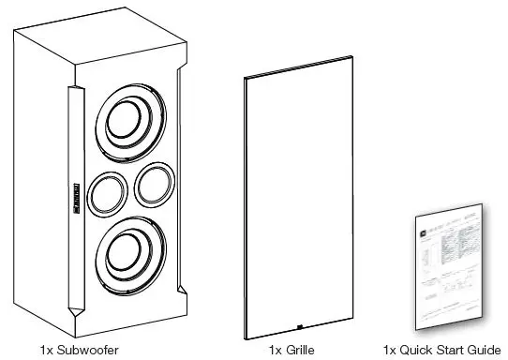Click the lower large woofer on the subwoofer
(134, 256)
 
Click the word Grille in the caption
(298, 350)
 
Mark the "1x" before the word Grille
(276, 350)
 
